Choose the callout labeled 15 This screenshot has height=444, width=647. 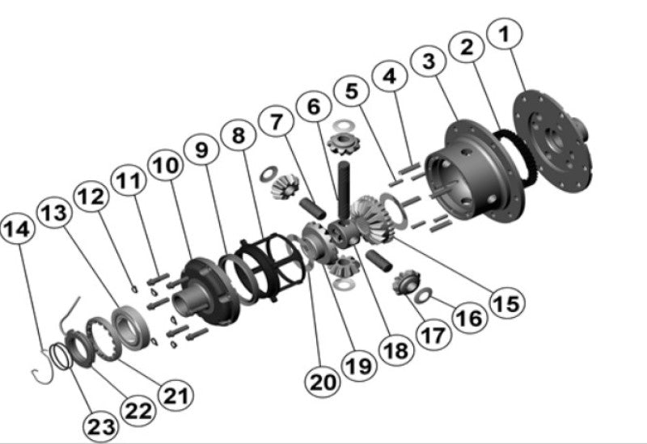(x=505, y=303)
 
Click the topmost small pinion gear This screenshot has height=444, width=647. (x=341, y=146)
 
